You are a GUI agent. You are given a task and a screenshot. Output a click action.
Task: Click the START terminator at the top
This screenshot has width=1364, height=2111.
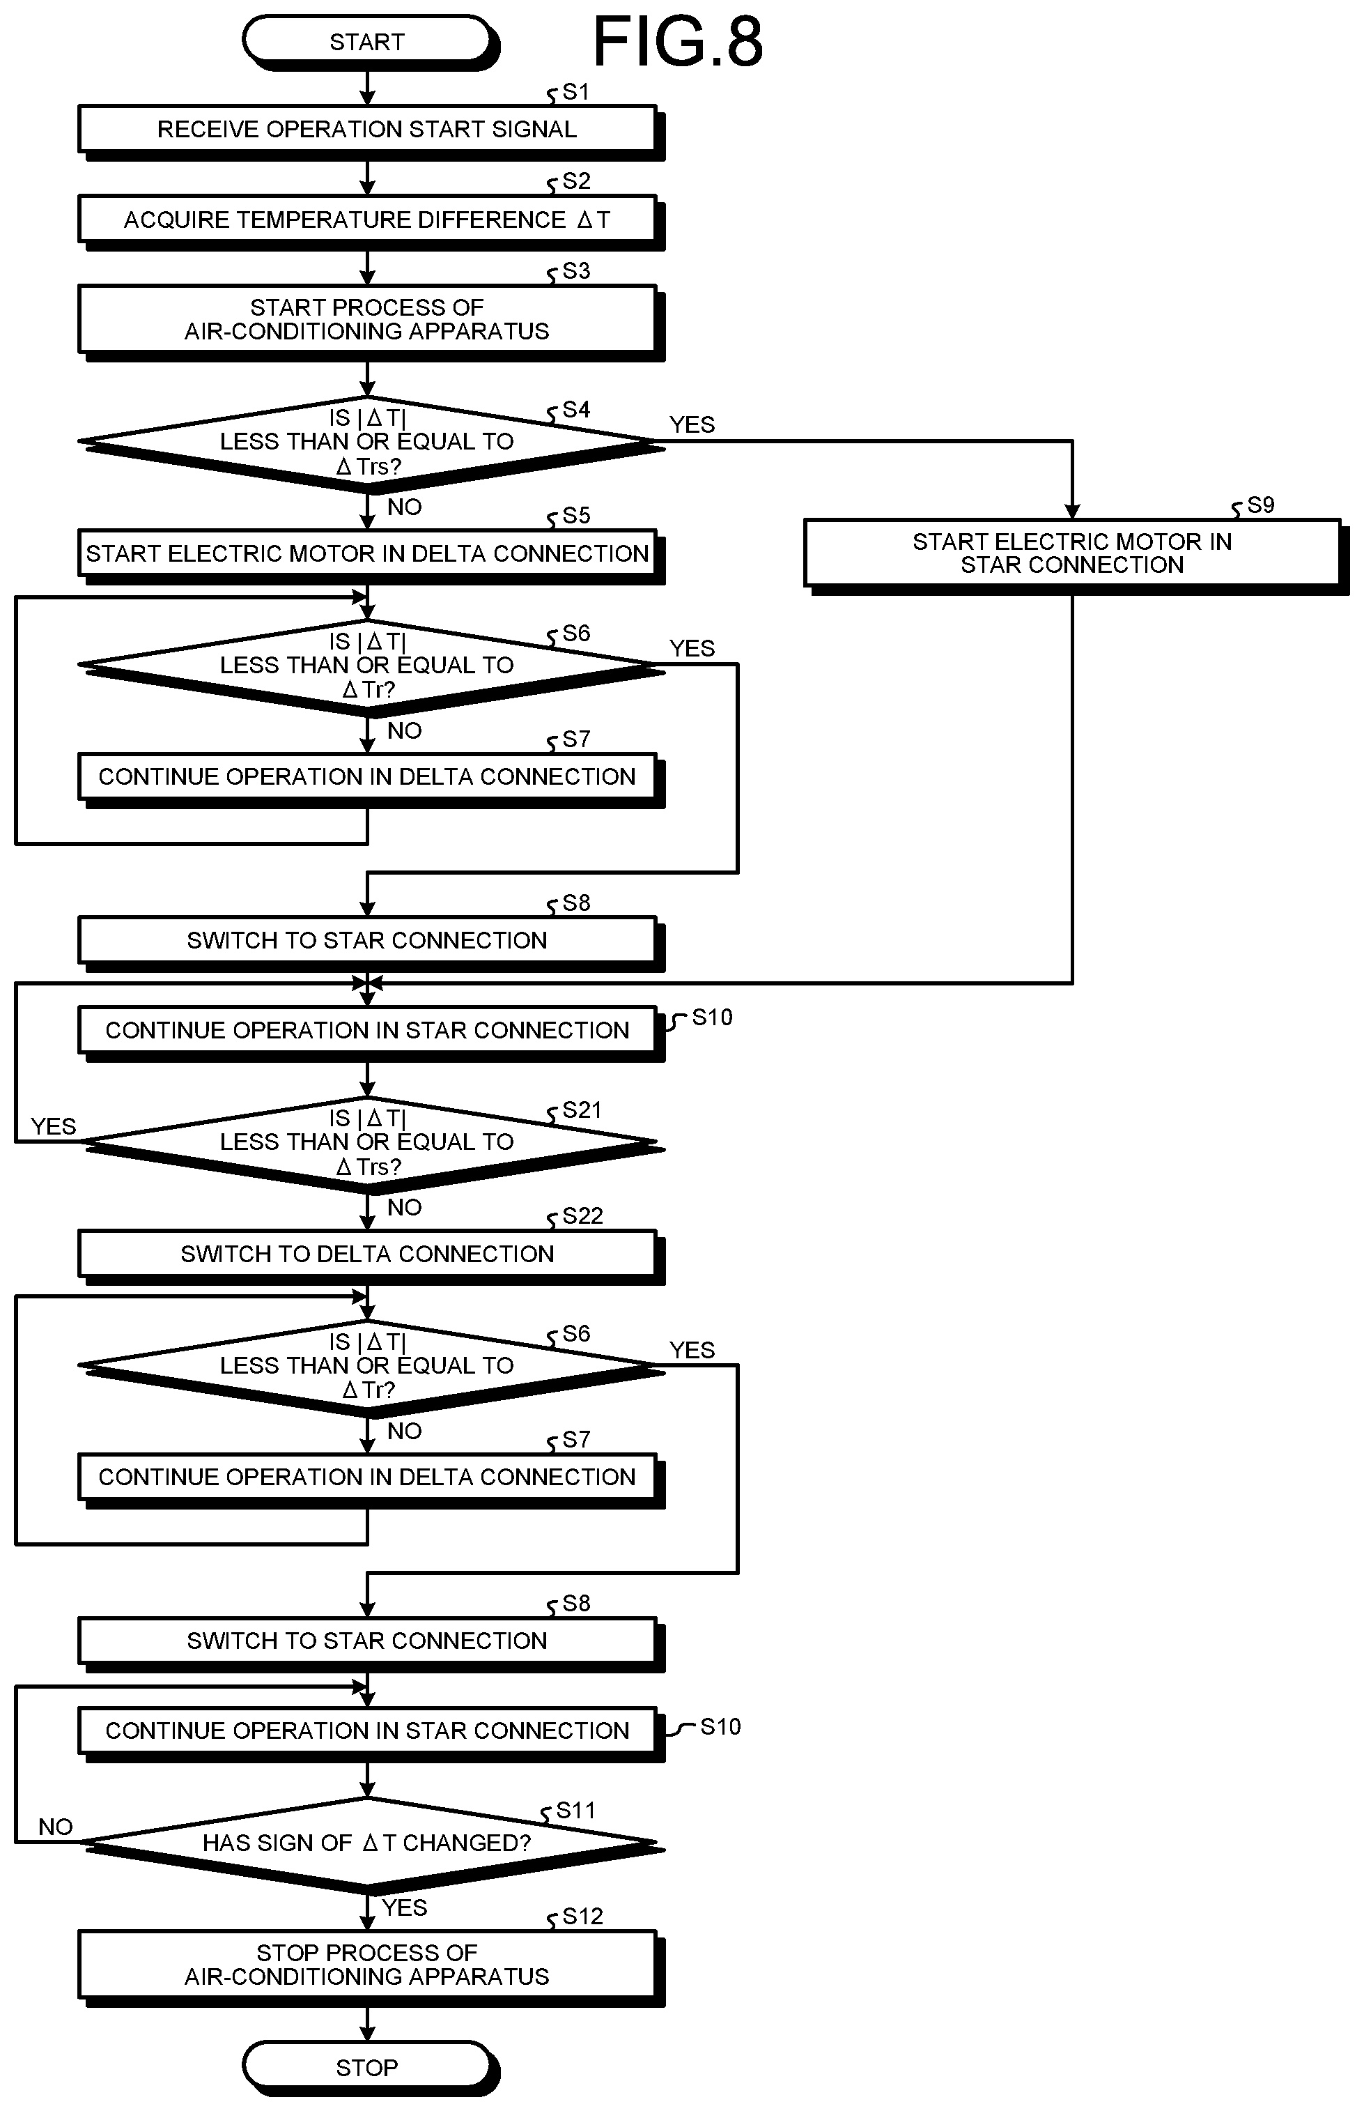369,42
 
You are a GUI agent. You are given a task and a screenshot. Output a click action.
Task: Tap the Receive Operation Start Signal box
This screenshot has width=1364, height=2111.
369,131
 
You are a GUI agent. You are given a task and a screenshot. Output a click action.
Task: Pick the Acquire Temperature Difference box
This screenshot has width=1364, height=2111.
369,221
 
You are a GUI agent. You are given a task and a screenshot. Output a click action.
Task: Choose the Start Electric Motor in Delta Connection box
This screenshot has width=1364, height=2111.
369,555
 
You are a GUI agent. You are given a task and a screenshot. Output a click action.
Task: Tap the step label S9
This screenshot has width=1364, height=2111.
1260,505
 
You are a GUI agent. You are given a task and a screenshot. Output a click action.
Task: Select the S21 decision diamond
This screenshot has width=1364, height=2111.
369,1144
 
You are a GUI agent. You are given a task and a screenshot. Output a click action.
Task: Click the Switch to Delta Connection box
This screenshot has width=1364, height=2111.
369,1255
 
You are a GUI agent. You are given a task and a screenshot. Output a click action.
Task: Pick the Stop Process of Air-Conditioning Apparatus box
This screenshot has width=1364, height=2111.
369,1967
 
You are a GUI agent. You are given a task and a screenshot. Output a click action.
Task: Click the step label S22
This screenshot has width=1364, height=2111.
582,1216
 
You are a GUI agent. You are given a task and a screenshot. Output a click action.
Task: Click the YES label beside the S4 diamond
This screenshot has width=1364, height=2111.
692,425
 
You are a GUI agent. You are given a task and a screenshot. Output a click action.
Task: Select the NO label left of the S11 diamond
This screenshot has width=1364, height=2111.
55,1827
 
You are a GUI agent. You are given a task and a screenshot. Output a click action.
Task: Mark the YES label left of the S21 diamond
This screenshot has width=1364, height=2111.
53,1127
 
